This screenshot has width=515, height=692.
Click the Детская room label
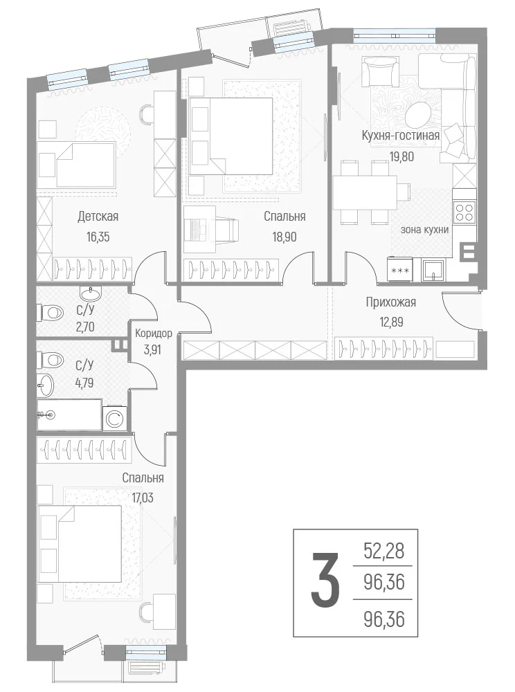[98, 217]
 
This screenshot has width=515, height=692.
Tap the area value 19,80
[401, 156]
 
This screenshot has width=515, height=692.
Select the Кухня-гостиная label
[401, 136]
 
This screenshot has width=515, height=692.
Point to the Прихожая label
[390, 302]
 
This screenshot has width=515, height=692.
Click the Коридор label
[154, 334]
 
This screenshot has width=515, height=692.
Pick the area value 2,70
[85, 327]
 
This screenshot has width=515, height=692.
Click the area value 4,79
[84, 382]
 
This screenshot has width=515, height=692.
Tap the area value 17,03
[143, 498]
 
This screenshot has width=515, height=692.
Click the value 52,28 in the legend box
[384, 551]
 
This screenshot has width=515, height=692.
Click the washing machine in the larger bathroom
[116, 418]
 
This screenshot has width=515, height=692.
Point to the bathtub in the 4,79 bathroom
[69, 415]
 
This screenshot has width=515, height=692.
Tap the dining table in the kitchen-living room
[365, 192]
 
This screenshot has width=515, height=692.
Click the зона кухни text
[424, 230]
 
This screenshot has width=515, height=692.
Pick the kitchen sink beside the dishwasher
[433, 270]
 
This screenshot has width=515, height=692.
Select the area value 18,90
[284, 237]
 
